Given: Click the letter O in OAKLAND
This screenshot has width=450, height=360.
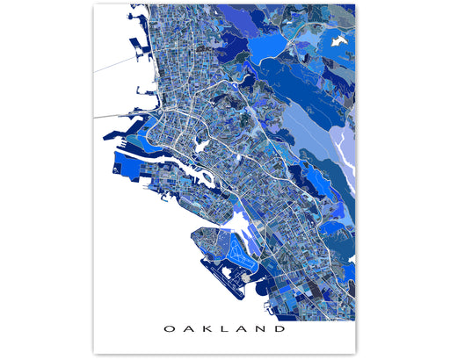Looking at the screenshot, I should click(x=168, y=330).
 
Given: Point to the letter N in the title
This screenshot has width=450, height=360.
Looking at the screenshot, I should click(x=261, y=330).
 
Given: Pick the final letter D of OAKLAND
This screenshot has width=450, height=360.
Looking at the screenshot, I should click(x=280, y=330).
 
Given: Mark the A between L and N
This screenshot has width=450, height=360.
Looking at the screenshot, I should click(x=242, y=330).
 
